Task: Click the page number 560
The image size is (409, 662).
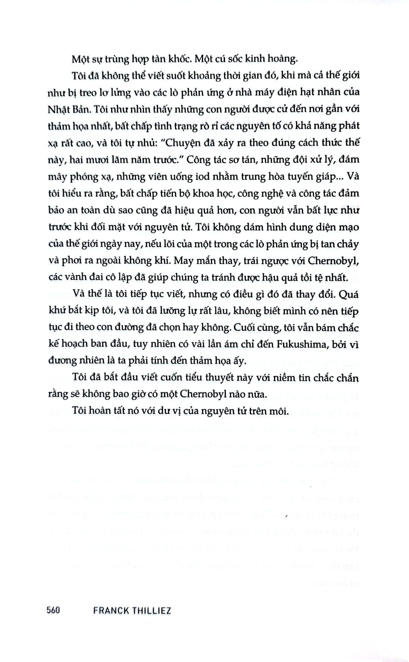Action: (x=53, y=611)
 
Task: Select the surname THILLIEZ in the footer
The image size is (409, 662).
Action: (x=152, y=611)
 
